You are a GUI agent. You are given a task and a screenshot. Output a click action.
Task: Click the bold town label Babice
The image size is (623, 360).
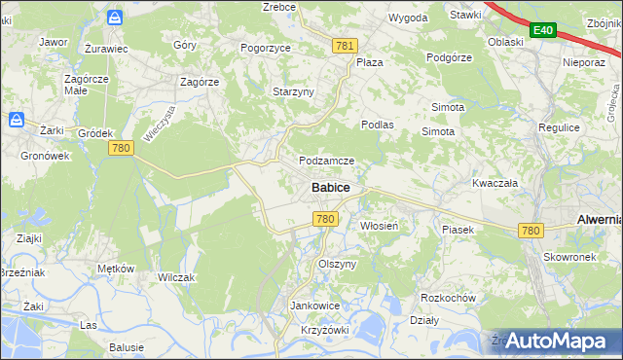point(331,187)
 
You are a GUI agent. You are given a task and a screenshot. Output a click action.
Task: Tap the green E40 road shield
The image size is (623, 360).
point(542,31)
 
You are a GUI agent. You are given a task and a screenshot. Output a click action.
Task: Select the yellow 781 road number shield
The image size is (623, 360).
point(345,46)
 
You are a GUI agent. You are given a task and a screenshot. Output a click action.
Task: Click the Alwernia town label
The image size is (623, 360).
point(599,220)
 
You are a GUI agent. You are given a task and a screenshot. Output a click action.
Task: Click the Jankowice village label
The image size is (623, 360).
point(314,305)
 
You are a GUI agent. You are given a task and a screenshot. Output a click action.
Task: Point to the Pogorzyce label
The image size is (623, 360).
point(267,47)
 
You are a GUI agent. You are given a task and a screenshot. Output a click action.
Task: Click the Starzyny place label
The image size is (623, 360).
point(293,91)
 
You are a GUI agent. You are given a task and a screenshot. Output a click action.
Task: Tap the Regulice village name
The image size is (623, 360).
point(559,127)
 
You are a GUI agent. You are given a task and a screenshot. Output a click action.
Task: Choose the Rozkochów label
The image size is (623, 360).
point(447,297)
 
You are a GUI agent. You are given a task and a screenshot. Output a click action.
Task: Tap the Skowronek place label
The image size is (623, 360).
point(569,257)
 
